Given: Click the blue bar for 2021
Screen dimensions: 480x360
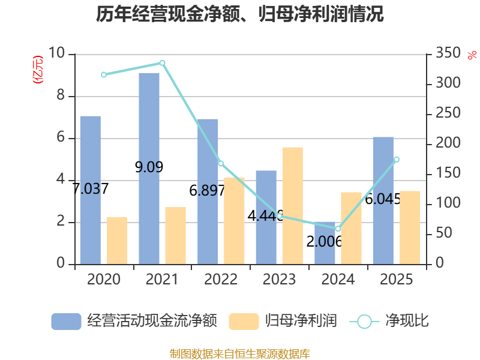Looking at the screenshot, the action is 149,169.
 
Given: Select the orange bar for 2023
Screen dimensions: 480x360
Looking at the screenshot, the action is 293,206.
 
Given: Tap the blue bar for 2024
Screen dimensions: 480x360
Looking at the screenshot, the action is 325,243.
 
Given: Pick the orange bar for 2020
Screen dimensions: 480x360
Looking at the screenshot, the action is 117,241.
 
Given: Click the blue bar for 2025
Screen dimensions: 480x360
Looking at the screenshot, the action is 383,201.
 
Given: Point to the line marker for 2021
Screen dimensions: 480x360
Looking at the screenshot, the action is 162,63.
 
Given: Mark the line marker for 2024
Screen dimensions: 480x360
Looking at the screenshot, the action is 338,229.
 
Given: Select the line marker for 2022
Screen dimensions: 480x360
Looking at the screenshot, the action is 221,163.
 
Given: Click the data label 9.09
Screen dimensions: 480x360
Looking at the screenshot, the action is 149,167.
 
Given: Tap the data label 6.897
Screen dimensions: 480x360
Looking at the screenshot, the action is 207,191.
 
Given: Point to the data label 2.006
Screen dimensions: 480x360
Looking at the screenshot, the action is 324,242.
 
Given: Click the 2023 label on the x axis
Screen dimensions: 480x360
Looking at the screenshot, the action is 279,279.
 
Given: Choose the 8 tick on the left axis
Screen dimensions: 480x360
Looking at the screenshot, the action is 61,95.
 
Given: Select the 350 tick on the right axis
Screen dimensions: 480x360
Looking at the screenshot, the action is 448,53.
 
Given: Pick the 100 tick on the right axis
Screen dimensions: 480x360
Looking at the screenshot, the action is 448,203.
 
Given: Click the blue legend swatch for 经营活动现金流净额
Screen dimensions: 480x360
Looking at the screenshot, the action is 66,322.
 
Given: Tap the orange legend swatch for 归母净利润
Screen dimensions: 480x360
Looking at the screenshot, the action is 244,322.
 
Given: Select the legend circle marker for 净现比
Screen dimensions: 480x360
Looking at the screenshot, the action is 364,322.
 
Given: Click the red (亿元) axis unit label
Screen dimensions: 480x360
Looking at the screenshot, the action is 38,70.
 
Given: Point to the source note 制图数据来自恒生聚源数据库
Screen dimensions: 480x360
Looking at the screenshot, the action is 240,354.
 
